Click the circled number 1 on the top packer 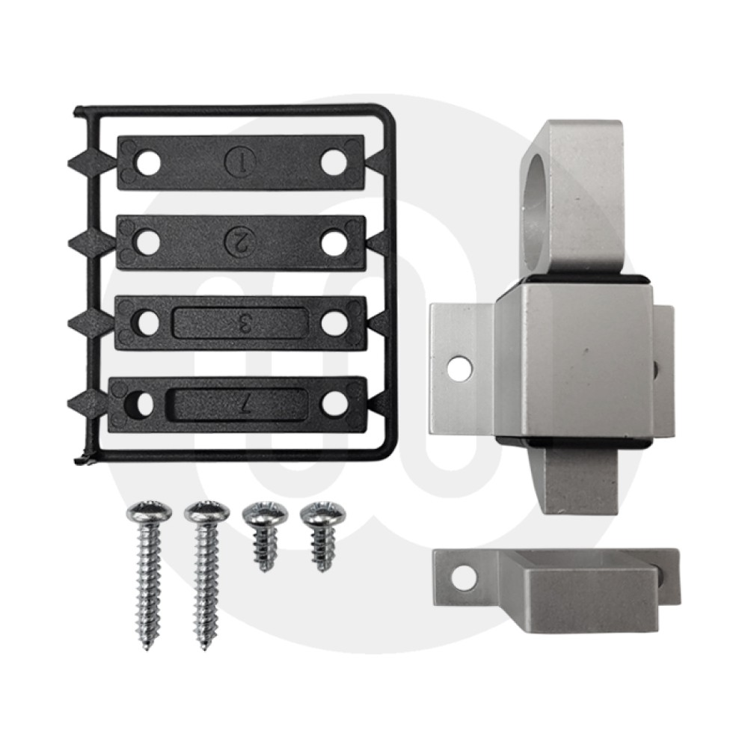240,162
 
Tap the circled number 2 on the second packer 240,242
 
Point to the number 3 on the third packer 243,323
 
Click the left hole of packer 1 148,163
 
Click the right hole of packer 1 333,162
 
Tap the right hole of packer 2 334,243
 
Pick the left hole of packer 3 148,324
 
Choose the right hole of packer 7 334,404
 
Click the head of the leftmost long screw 150,512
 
